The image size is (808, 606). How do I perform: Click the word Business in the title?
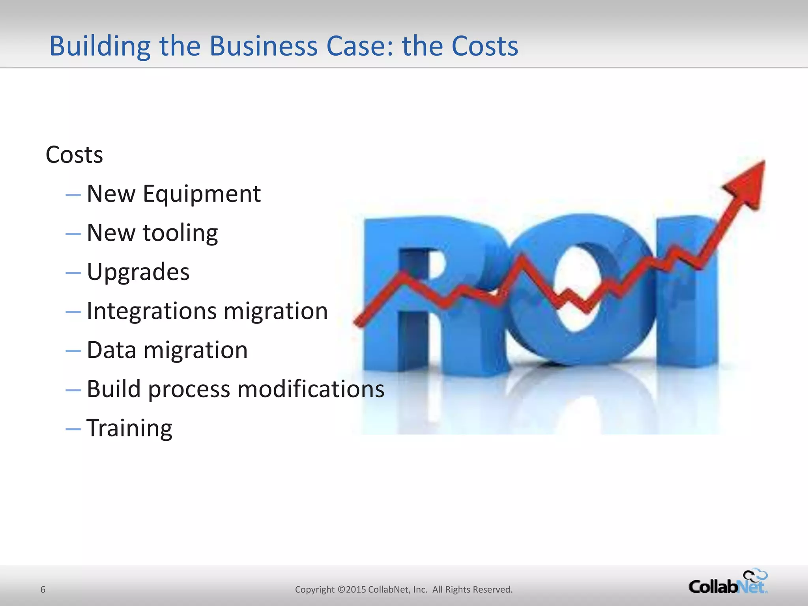[x=263, y=46]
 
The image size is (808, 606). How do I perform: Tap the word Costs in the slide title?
[x=484, y=46]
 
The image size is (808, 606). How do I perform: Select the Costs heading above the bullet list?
[x=74, y=155]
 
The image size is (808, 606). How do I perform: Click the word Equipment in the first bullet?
[x=202, y=194]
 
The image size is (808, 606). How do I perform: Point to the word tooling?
[x=180, y=233]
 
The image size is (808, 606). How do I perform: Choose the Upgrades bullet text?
[x=138, y=272]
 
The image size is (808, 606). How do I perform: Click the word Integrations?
[x=151, y=311]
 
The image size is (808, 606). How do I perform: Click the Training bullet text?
[x=129, y=428]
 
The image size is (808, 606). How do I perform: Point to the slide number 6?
[x=43, y=590]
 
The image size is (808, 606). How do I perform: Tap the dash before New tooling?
[x=73, y=234]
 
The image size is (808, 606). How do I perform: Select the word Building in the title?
[x=100, y=46]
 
